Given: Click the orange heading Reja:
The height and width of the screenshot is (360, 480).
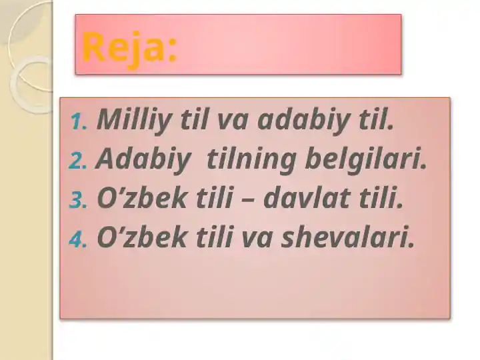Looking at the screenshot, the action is (x=129, y=49).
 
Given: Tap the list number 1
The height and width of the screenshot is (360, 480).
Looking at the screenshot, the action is (x=79, y=121).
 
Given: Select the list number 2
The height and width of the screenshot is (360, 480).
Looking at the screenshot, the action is (x=78, y=161).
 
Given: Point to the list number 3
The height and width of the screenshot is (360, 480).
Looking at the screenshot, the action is (x=78, y=201).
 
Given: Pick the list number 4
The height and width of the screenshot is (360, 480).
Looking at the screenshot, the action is (x=78, y=240).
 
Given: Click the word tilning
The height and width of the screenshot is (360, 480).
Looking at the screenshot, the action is (x=251, y=160).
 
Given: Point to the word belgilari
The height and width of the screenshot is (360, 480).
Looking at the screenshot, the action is (x=366, y=159).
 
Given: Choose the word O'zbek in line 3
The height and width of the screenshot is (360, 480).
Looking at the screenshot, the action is (x=141, y=198).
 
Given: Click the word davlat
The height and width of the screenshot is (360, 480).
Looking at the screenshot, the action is (x=307, y=198).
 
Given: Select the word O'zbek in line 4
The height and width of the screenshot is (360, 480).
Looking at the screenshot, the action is (x=141, y=237).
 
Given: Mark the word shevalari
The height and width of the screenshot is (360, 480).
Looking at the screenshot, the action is (x=348, y=237).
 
